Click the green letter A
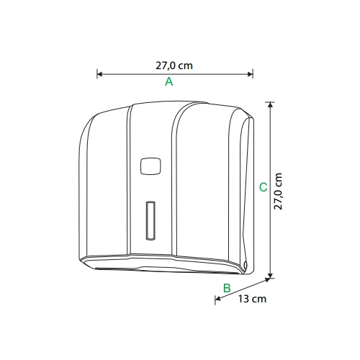click(169, 81)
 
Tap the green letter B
click(227, 288)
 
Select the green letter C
click(264, 187)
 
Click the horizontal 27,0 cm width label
click(174, 66)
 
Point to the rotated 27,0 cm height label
click(278, 192)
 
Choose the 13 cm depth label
click(252, 299)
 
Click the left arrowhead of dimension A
click(99, 74)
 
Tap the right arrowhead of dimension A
click(251, 74)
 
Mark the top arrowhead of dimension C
click(271, 104)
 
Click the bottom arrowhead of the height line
click(271, 276)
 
